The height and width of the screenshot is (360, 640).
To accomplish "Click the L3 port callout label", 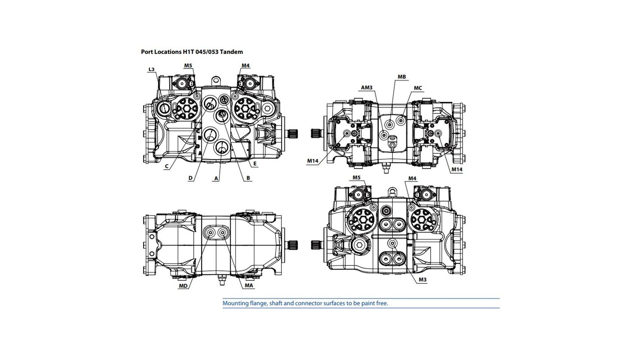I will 151,69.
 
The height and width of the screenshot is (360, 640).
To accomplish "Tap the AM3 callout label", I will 367,88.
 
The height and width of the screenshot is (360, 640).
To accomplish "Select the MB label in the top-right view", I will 402,77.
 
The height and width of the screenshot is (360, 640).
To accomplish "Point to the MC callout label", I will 418,88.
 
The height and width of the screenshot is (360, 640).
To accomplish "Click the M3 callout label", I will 422,280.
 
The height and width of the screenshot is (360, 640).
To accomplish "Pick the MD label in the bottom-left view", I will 183,286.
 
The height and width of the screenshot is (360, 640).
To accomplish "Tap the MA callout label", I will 249,285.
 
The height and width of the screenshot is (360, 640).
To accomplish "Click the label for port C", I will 166,167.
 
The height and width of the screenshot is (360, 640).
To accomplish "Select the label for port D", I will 190,178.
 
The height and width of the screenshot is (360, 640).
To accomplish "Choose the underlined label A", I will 216,178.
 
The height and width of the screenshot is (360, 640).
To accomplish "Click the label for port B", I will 248,178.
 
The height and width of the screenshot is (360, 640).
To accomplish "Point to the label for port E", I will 255,163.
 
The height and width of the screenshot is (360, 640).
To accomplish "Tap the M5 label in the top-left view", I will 188,65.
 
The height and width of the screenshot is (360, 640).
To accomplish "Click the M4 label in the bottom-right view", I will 412,178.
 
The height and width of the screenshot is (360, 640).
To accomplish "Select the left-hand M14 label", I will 313,161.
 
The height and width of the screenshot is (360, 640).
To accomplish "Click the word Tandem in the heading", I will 231,52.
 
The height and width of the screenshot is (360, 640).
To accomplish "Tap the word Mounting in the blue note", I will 236,303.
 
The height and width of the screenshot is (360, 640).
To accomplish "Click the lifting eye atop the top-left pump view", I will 217,80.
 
